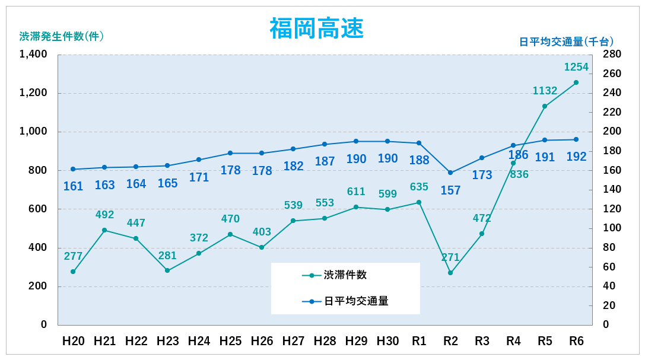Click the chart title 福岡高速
pos(316,28)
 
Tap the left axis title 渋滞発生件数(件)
pos(62,36)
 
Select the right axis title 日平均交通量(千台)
pos(566,42)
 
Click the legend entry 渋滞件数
pos(345,275)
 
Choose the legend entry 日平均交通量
pos(356,301)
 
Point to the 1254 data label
pos(576,67)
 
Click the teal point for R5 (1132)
pos(545,106)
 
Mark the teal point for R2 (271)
pos(450,273)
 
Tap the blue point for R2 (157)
pos(450,173)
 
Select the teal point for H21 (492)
pos(104,230)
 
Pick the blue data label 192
pos(576,157)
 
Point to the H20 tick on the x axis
pos(74,341)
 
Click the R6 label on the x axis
pos(576,341)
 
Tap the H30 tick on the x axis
pos(387,341)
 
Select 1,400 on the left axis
pos(33,55)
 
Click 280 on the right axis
pos(611,55)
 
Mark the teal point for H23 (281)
pos(167,270)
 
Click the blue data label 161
pos(73,186)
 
